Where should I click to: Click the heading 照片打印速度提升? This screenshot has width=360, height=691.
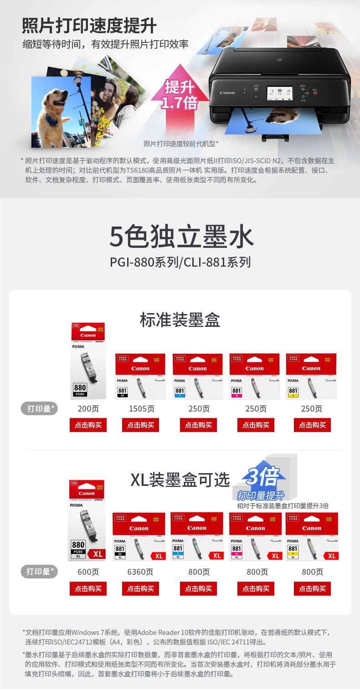pyautogui.click(x=89, y=26)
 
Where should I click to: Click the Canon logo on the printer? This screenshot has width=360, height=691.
pyautogui.click(x=227, y=93)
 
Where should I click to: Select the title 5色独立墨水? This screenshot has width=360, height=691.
pyautogui.click(x=181, y=237)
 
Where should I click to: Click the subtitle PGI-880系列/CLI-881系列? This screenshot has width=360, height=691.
pyautogui.click(x=180, y=263)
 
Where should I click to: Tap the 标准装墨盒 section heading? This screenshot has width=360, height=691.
pyautogui.click(x=180, y=320)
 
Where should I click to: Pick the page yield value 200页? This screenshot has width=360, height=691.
pyautogui.click(x=88, y=409)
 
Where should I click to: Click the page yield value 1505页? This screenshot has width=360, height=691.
pyautogui.click(x=141, y=409)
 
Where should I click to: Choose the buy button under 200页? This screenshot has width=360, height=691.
pyautogui.click(x=88, y=425)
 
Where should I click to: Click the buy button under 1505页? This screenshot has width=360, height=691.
pyautogui.click(x=140, y=425)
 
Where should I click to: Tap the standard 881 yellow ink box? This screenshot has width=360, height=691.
pyautogui.click(x=311, y=376)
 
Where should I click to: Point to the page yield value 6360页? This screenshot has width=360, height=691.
pyautogui.click(x=140, y=572)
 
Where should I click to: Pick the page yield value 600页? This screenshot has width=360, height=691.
pyautogui.click(x=88, y=572)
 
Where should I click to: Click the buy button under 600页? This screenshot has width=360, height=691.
pyautogui.click(x=88, y=588)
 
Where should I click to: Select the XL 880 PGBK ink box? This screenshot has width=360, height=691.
pyautogui.click(x=87, y=521)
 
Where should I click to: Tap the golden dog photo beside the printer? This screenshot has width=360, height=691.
pyautogui.click(x=61, y=112)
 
